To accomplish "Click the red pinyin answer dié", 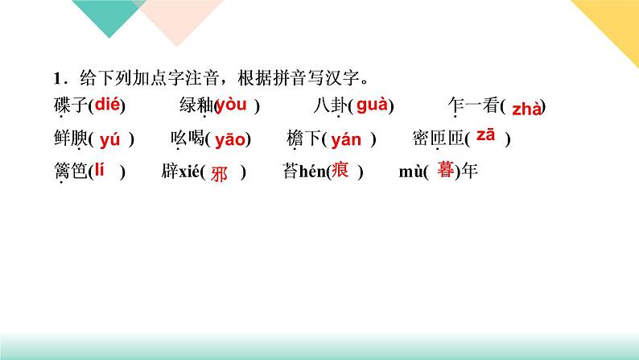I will pyautogui.click(x=109, y=103).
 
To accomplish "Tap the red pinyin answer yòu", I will pyautogui.click(x=232, y=104).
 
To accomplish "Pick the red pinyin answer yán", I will pyautogui.click(x=346, y=140).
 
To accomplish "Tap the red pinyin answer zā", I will pyautogui.click(x=485, y=134).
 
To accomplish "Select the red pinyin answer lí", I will pyautogui.click(x=101, y=171).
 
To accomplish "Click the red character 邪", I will pyautogui.click(x=220, y=175).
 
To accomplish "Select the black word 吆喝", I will pyautogui.click(x=187, y=139).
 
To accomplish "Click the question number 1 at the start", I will pyautogui.click(x=56, y=77).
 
